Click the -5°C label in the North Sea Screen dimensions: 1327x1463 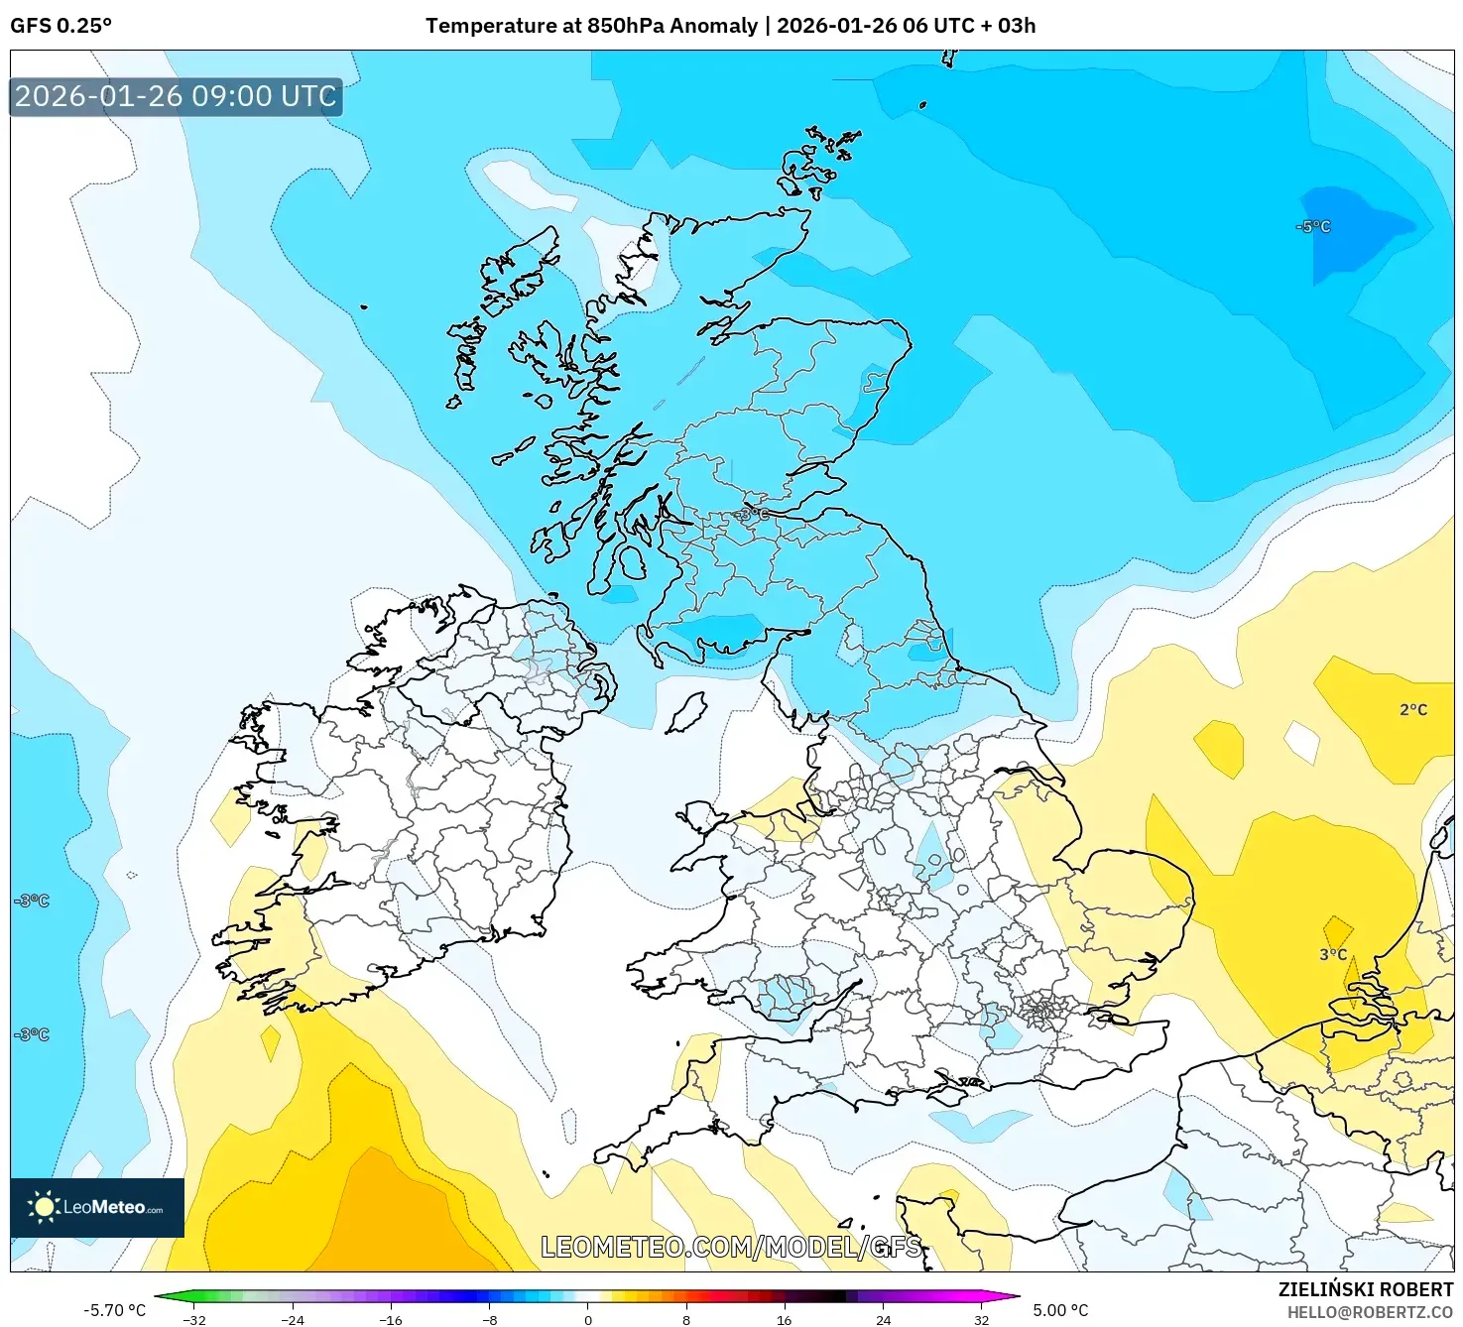(1313, 227)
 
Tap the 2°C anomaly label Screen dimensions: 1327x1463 (1413, 710)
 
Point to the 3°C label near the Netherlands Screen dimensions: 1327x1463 (1333, 955)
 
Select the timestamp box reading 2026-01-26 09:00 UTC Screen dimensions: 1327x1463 (177, 97)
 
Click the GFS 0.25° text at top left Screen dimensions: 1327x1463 (61, 26)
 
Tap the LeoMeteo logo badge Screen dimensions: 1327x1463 (97, 1207)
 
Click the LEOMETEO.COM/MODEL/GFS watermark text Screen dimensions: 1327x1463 (731, 1247)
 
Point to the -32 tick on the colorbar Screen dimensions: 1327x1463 (194, 1319)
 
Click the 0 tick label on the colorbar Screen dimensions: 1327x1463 (588, 1319)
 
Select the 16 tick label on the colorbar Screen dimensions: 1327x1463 (785, 1319)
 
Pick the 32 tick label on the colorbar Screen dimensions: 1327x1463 (981, 1319)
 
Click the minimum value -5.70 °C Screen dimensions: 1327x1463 (114, 1310)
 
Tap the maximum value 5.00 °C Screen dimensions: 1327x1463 (1060, 1310)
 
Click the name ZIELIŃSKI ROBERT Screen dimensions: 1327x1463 (1365, 1289)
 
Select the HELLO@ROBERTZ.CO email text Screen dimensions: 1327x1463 (1377, 1312)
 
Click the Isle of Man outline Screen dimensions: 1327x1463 (686, 712)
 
